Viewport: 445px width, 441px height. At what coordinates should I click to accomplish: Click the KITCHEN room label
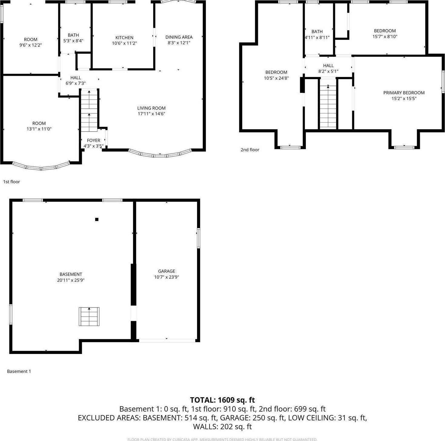(124, 38)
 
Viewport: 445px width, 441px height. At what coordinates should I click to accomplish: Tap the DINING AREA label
(179, 37)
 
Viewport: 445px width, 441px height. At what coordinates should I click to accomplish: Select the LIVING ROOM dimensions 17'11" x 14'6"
(151, 114)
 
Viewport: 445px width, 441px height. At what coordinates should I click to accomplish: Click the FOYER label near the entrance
(93, 140)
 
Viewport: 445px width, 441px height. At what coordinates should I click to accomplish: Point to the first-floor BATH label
(73, 35)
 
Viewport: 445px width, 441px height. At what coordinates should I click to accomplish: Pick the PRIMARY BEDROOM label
(404, 93)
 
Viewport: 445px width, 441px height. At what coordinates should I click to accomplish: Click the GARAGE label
(166, 271)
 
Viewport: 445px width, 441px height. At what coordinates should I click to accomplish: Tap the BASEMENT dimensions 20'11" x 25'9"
(71, 280)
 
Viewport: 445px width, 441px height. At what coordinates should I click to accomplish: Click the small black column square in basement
(97, 219)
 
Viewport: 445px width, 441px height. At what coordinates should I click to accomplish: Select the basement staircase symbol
(89, 317)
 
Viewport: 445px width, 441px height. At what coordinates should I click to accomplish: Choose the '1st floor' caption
(12, 182)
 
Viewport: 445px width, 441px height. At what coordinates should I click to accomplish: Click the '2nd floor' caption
(250, 150)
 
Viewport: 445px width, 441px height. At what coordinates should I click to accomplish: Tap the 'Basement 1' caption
(19, 371)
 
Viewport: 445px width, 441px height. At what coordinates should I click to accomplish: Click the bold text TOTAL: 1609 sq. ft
(222, 400)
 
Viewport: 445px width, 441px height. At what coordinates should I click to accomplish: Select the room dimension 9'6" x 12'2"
(31, 45)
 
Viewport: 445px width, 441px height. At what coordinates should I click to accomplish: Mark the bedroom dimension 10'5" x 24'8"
(276, 78)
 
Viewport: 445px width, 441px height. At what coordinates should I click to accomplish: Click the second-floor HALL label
(328, 66)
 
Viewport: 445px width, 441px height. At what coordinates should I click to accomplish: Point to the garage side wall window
(198, 238)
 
